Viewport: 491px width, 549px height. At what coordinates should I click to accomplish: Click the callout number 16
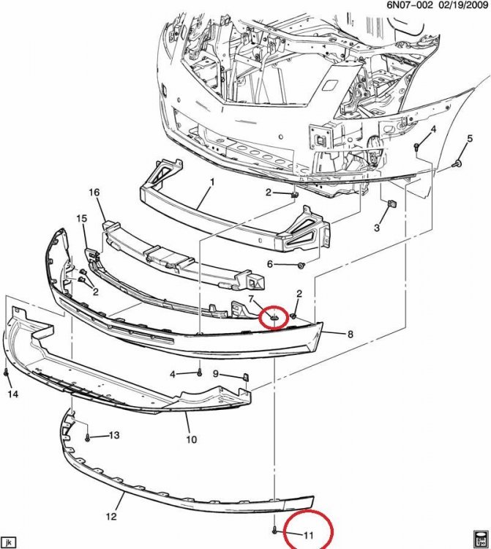(x=94, y=193)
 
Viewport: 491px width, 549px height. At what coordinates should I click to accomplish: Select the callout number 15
(x=81, y=219)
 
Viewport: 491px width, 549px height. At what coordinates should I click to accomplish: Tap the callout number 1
(x=212, y=182)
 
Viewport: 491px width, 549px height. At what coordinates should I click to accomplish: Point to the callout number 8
(x=351, y=335)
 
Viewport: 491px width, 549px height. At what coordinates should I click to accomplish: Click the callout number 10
(x=192, y=439)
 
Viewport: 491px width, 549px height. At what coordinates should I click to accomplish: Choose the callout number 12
(x=111, y=517)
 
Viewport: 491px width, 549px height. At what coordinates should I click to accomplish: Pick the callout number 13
(x=114, y=436)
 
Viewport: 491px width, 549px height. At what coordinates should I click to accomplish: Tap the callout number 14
(x=13, y=395)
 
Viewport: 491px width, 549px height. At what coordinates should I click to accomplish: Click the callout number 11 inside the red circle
(x=308, y=535)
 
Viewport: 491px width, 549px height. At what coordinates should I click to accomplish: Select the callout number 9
(x=216, y=374)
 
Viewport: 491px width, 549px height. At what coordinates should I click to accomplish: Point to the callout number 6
(x=269, y=264)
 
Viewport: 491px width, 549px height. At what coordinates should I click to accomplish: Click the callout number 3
(x=377, y=228)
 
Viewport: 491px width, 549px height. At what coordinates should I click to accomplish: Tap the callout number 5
(x=470, y=138)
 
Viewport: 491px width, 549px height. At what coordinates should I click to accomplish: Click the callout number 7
(x=250, y=299)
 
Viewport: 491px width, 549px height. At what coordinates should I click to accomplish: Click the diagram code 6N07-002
(x=410, y=5)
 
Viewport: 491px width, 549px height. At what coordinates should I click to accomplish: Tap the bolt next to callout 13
(x=87, y=437)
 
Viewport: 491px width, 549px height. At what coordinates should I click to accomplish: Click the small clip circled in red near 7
(x=274, y=318)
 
